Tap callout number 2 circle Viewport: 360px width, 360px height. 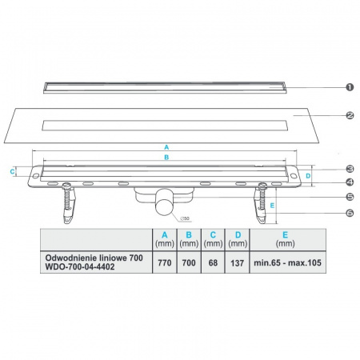click(350, 115)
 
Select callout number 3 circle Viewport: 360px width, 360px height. click(350, 169)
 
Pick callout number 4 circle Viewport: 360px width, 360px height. click(350, 182)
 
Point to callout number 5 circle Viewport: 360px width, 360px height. click(350, 196)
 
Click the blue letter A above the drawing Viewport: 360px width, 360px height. click(166, 147)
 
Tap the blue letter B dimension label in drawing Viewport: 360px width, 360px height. click(166, 158)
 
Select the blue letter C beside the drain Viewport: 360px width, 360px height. click(12, 171)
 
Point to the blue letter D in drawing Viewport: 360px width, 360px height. click(310, 176)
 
